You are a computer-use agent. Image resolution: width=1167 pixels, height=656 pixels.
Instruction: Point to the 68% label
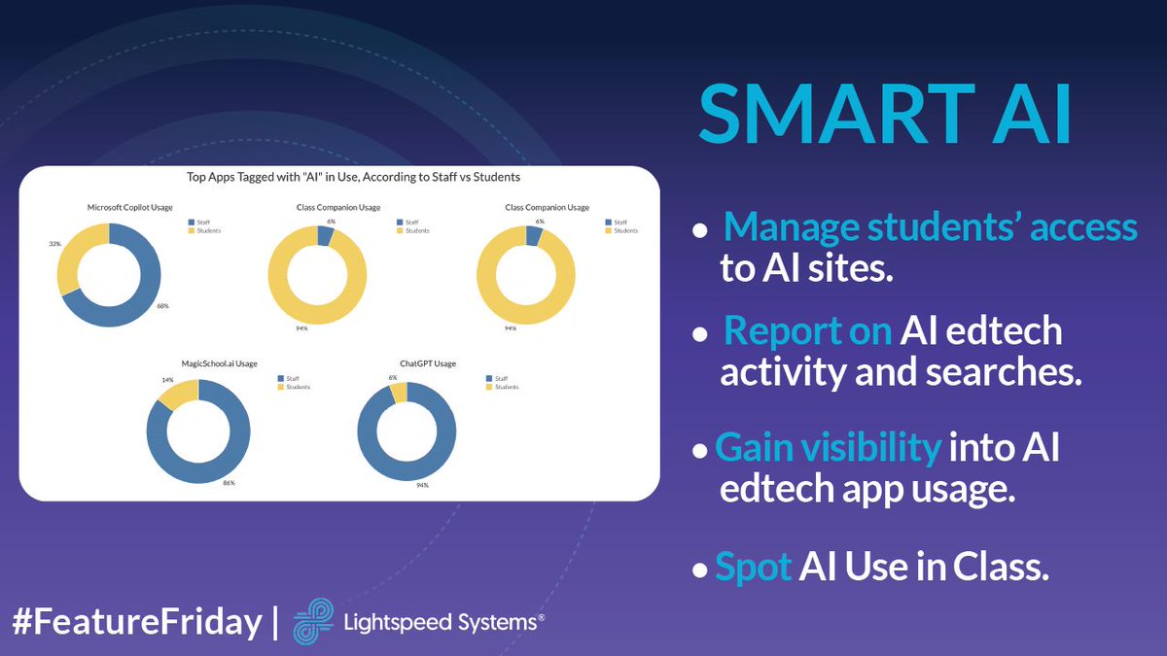(x=163, y=305)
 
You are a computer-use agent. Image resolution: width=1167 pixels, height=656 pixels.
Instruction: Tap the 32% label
(x=54, y=245)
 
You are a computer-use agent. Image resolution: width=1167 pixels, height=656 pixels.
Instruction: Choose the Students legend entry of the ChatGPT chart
(x=507, y=387)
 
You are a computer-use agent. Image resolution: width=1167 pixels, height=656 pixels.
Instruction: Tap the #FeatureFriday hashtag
(x=137, y=621)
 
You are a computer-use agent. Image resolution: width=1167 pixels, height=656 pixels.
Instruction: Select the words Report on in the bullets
(x=807, y=331)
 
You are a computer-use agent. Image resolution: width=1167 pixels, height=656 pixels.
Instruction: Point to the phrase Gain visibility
(x=828, y=447)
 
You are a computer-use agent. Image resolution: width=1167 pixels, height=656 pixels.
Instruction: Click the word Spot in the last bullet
(x=753, y=566)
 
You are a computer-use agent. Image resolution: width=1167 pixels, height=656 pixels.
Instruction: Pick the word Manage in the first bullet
(x=787, y=226)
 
